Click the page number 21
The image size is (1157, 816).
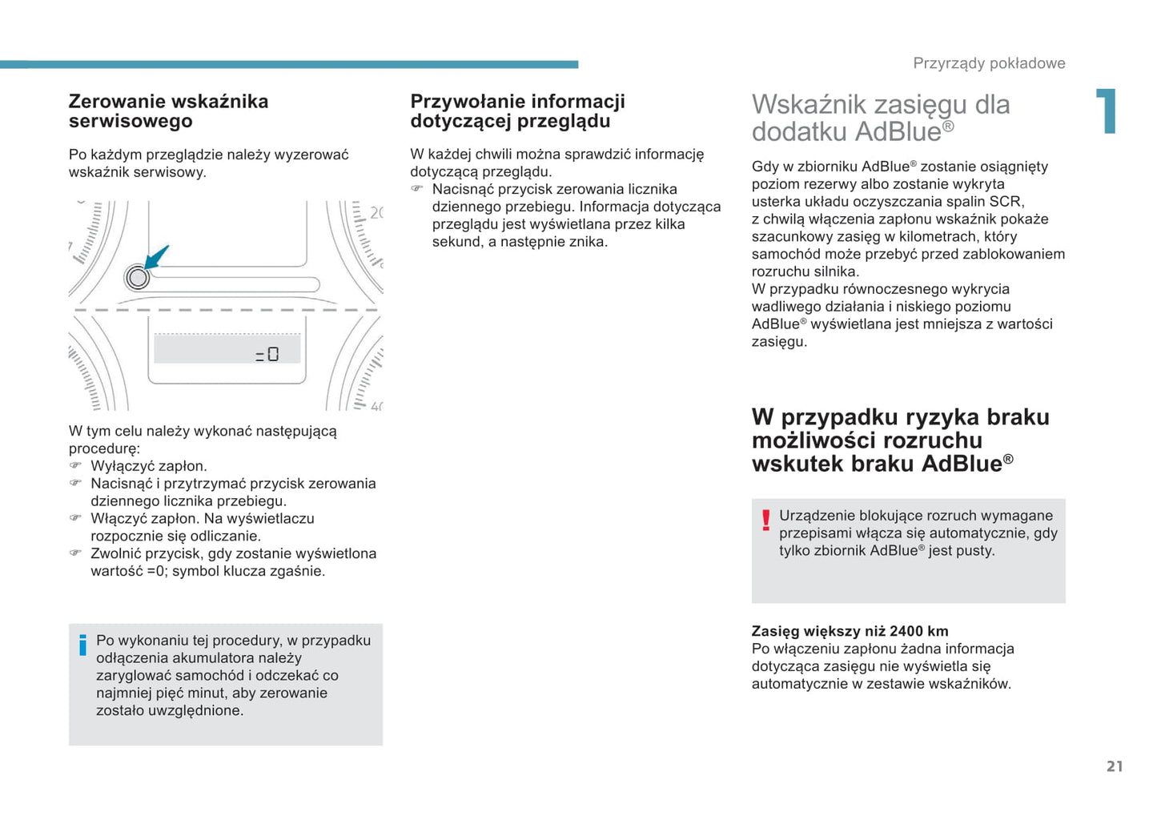[x=1115, y=766]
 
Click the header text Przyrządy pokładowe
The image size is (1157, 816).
[x=989, y=63]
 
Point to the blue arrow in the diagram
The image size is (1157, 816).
[x=156, y=257]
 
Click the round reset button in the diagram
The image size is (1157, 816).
[x=138, y=278]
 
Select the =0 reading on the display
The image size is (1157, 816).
[x=267, y=354]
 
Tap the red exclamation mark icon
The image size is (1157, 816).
[x=765, y=520]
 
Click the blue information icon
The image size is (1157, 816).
[x=82, y=645]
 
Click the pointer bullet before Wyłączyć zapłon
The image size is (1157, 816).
[x=75, y=465]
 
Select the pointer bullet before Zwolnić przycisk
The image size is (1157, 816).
[x=75, y=553]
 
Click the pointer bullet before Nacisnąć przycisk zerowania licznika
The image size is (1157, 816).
[x=417, y=189]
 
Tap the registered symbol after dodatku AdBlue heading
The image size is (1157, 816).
[x=948, y=127]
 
